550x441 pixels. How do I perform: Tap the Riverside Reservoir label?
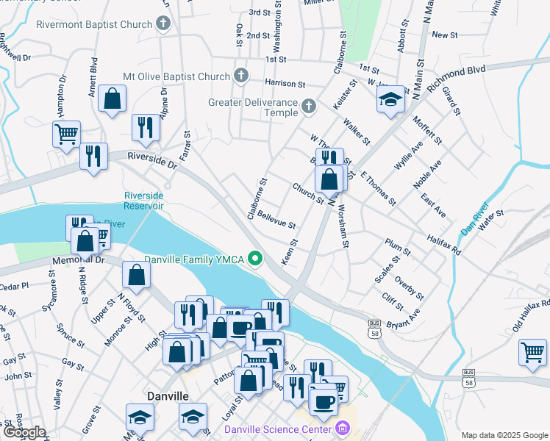pyautogui.click(x=143, y=201)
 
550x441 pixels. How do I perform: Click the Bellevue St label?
pyautogui.click(x=276, y=220)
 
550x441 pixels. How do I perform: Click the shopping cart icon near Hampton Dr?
pyautogui.click(x=66, y=135)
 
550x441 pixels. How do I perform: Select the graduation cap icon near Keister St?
pyautogui.click(x=390, y=98)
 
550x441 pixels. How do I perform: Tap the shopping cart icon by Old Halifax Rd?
pyautogui.click(x=532, y=351)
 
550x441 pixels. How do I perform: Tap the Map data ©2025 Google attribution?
pyautogui.click(x=504, y=435)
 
